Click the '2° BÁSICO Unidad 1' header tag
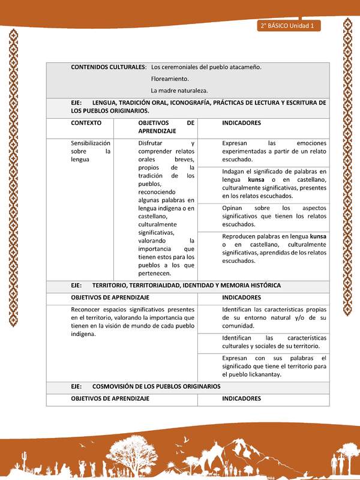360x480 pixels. (x=288, y=26)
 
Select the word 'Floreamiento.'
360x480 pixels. (x=170, y=79)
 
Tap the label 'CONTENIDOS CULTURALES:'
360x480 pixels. (x=109, y=67)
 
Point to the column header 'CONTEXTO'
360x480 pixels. (x=86, y=122)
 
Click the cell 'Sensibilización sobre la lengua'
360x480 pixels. (x=91, y=151)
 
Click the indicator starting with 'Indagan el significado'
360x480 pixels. (x=274, y=184)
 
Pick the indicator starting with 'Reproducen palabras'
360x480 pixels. (x=274, y=248)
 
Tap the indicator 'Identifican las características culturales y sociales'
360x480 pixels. (x=274, y=342)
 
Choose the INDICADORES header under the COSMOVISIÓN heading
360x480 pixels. (x=241, y=398)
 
